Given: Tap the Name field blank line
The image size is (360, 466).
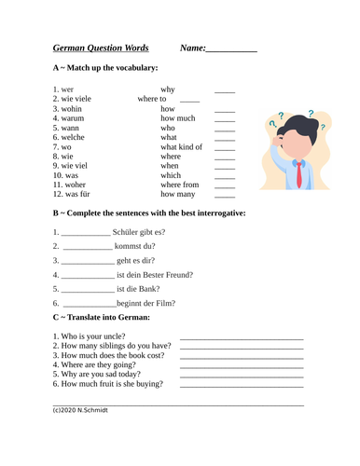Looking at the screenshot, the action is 230,50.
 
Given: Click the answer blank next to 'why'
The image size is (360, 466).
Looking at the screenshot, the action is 225,90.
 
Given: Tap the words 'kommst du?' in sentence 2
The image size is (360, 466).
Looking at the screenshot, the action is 140,246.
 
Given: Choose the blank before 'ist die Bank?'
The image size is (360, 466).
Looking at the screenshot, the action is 85,289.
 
